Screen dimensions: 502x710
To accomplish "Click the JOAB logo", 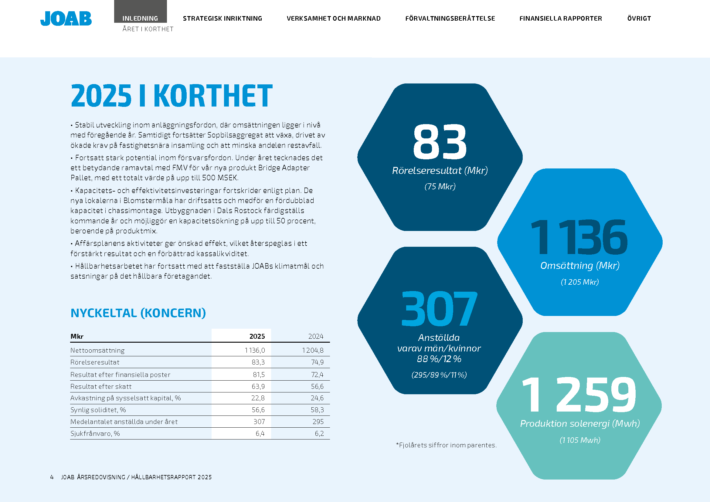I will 66,19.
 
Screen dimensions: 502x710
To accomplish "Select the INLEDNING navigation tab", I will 140,18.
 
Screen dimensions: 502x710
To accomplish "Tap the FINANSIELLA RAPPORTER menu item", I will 560,19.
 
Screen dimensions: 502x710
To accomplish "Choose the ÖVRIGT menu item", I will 639,19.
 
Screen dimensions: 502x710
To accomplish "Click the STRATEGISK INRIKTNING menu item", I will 222,19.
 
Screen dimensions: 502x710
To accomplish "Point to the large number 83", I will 440,142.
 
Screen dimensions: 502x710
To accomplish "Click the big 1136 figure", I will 579,237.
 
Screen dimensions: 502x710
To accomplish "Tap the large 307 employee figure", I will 439,309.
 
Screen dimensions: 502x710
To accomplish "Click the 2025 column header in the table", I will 257,336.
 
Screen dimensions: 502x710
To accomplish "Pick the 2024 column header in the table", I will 315,336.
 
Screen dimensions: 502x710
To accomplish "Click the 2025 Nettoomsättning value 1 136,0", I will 255,350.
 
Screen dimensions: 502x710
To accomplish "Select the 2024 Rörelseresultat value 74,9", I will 317,362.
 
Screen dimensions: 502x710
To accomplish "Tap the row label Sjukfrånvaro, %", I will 95,433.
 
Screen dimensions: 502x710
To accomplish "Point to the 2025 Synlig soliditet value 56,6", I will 258,410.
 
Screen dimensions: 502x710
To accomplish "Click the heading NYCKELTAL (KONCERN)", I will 138,313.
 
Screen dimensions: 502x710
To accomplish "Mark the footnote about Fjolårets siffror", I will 446,445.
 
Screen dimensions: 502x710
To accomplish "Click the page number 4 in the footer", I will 52,477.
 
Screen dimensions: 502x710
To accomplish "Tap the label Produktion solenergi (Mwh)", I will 580,423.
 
